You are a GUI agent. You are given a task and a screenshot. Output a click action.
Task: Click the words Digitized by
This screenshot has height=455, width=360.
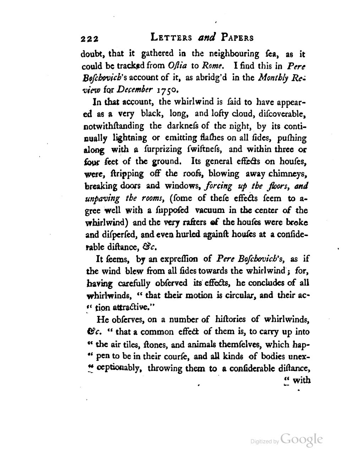[x=265, y=442]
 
